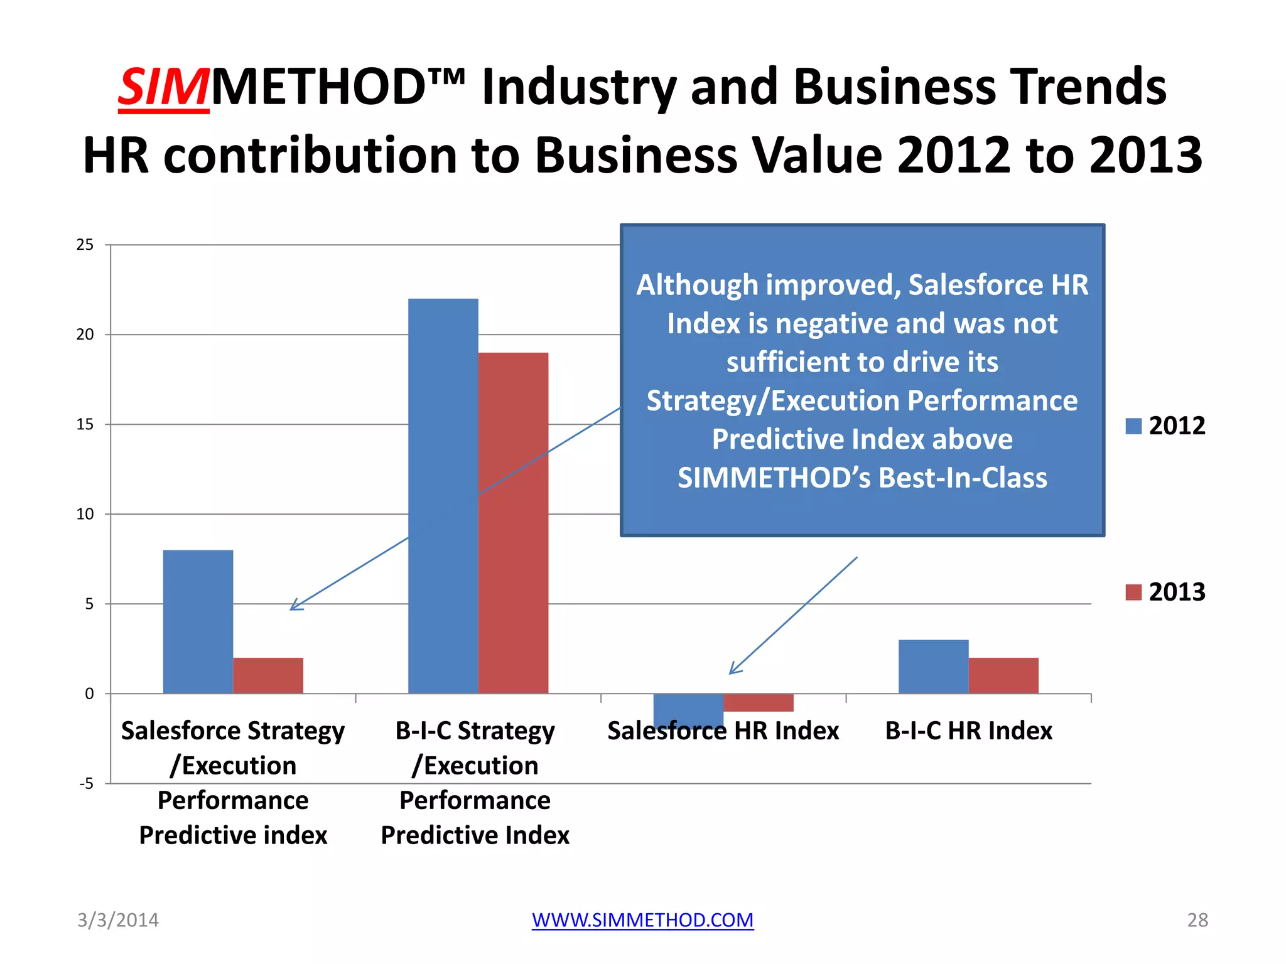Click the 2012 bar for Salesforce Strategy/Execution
click(x=198, y=621)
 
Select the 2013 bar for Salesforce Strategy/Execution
click(x=268, y=675)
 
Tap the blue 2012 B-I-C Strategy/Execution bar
click(x=443, y=496)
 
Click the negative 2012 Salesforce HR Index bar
click(x=688, y=709)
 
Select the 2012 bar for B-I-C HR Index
click(x=933, y=667)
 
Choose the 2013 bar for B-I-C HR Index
click(x=1003, y=675)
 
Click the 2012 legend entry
click(x=1165, y=426)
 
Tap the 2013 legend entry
click(x=1165, y=592)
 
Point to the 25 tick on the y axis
click(x=85, y=245)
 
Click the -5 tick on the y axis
click(x=87, y=783)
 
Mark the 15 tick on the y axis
click(x=85, y=424)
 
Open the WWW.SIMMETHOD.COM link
click(x=642, y=920)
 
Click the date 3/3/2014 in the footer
click(x=118, y=920)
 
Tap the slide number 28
click(x=1197, y=920)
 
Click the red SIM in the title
click(x=163, y=88)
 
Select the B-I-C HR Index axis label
click(x=968, y=731)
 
